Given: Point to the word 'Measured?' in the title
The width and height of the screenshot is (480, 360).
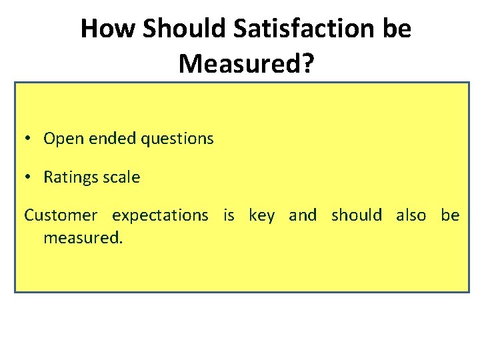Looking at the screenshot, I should tap(246, 63).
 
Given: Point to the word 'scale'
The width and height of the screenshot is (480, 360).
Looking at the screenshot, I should tap(121, 177).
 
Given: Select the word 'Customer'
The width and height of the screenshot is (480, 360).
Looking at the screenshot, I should tap(61, 215).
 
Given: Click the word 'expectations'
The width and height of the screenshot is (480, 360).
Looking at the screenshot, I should tap(160, 216).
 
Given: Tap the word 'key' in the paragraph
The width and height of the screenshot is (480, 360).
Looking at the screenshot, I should tap(261, 216).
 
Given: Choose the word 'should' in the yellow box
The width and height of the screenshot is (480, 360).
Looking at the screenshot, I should tap(357, 215).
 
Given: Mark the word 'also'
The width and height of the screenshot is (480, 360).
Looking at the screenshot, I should tap(411, 215).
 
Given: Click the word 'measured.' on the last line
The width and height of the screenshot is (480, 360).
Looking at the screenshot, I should tap(83, 237).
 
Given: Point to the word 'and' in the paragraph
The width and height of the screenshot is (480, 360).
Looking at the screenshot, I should tap(303, 215).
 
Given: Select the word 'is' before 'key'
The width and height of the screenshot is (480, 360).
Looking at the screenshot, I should tap(229, 215).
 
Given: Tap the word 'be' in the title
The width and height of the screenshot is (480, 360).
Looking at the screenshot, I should tap(397, 29).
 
